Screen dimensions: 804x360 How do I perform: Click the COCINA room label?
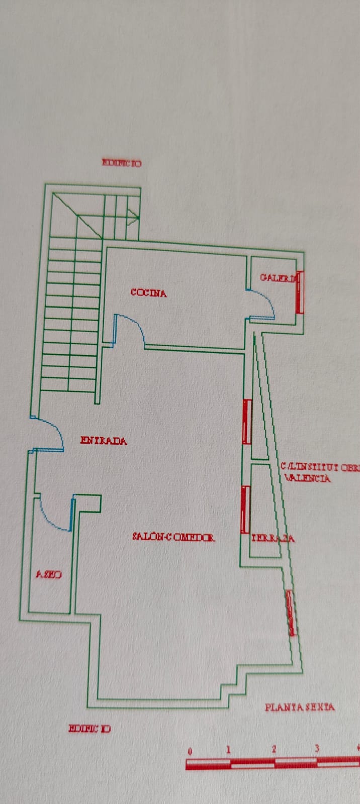click(148, 292)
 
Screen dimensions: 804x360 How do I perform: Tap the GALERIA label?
click(278, 277)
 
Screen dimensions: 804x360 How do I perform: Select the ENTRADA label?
click(104, 441)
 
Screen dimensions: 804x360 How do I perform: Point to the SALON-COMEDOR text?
click(173, 537)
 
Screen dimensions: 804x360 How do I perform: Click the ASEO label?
click(49, 574)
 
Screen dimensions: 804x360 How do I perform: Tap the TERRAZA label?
click(273, 538)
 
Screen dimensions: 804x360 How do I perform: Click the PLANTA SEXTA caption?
click(300, 707)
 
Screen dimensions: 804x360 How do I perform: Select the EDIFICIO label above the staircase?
click(122, 163)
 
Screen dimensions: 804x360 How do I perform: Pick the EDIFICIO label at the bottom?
click(89, 729)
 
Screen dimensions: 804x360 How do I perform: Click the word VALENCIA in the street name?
click(308, 478)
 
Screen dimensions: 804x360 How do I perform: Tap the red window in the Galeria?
click(300, 292)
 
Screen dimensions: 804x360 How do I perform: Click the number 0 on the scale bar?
click(190, 752)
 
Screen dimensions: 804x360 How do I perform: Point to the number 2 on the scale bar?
click(274, 749)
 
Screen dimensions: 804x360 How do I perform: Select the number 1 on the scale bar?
click(228, 750)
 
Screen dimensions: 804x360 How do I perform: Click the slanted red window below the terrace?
click(291, 613)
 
